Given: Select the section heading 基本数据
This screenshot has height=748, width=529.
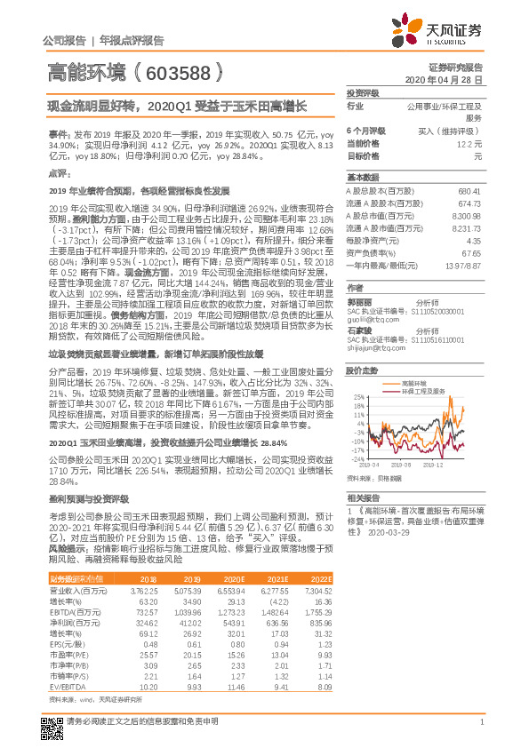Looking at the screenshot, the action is pyautogui.click(x=362, y=177).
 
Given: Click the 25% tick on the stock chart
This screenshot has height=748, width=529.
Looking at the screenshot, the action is pyautogui.click(x=356, y=396).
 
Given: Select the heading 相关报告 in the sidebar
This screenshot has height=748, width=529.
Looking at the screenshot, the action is pyautogui.click(x=363, y=498).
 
